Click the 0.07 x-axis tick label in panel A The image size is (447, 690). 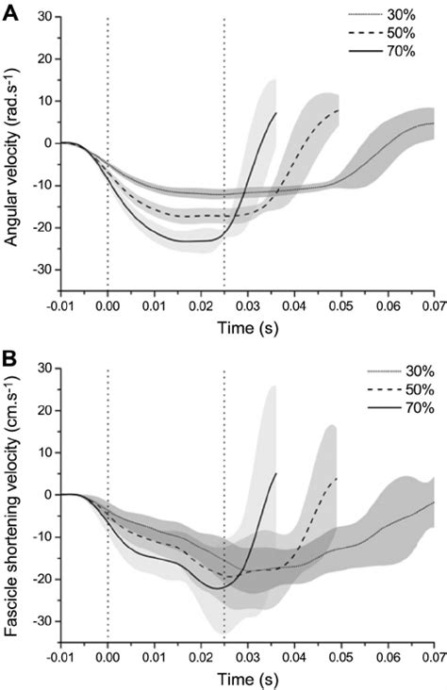(x=433, y=306)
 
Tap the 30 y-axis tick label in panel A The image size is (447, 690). (x=43, y=16)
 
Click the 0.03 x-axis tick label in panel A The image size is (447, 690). (x=247, y=306)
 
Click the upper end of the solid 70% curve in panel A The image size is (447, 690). (x=276, y=113)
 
